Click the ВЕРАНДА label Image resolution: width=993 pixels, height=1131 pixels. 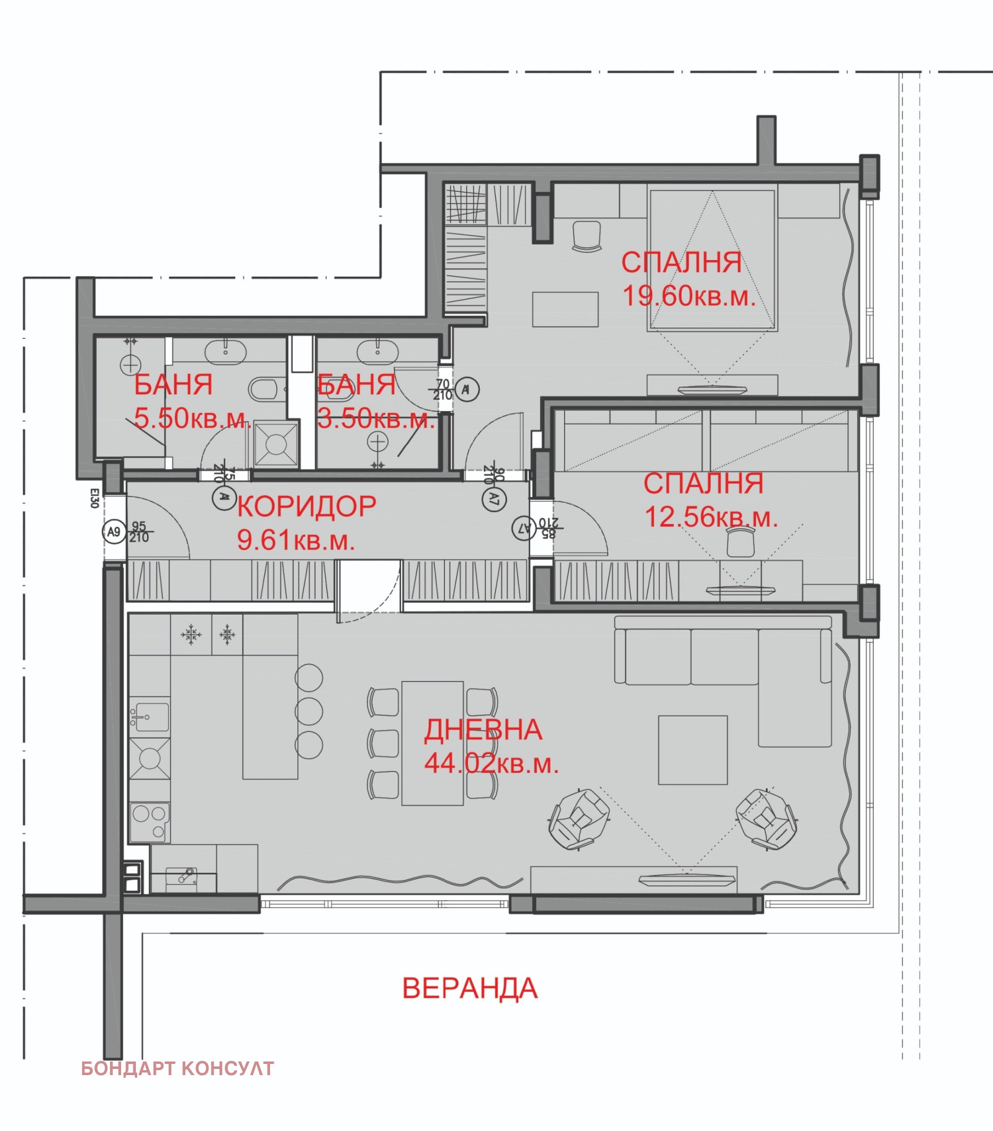470,988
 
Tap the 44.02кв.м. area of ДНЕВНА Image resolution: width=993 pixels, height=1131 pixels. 491,764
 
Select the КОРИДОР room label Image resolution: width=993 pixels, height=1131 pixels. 307,507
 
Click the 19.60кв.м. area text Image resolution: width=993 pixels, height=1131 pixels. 689,296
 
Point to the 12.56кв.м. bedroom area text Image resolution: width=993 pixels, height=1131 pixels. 711,517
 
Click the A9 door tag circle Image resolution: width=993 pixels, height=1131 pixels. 114,532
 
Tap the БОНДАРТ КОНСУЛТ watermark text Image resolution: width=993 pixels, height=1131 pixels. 177,1068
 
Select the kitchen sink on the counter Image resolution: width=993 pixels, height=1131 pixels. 149,716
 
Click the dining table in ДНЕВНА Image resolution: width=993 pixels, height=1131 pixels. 432,743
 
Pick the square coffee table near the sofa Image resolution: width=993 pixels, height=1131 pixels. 693,750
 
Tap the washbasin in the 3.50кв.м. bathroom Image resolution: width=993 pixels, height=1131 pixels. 377,352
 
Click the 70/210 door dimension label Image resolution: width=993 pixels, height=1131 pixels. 443,390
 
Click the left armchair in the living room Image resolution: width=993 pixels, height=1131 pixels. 579,819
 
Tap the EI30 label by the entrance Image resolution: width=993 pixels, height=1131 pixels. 94,498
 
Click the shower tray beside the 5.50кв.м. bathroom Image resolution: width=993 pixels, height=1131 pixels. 276,444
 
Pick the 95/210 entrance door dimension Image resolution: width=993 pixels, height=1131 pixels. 139,532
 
